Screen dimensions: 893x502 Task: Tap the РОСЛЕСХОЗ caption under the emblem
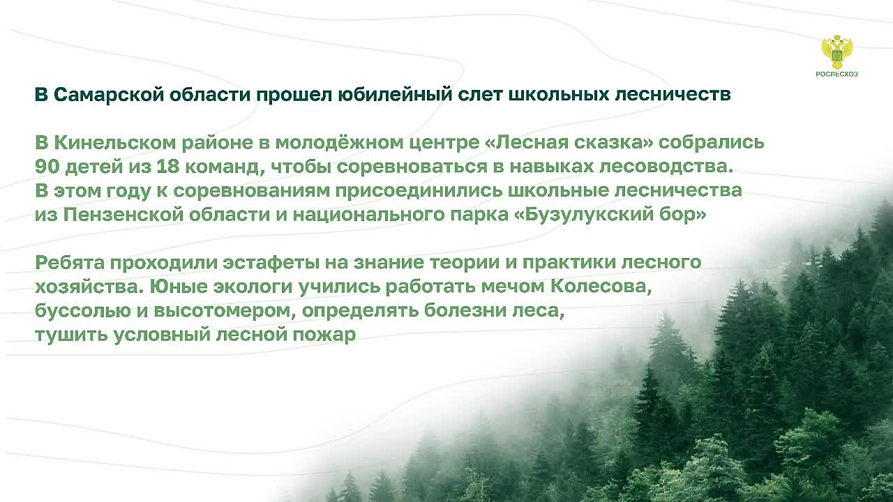point(836,74)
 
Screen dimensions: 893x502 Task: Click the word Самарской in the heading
point(108,95)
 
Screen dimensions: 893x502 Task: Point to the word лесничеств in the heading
point(673,95)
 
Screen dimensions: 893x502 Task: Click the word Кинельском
point(115,143)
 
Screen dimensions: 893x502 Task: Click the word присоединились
point(419,191)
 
